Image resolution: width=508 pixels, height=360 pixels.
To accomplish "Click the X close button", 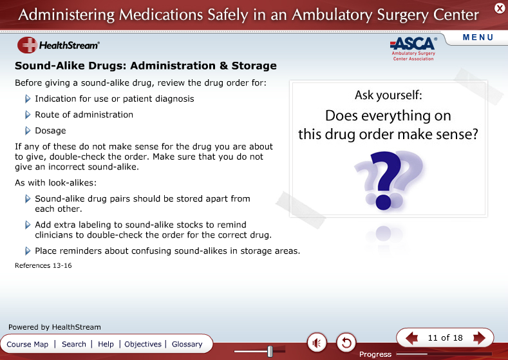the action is coord(500,8).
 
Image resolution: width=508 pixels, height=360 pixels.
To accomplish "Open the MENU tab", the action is coord(478,37).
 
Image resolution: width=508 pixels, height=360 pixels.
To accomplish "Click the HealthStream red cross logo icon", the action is coord(27,44).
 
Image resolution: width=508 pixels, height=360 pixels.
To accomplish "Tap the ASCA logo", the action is coord(413,48).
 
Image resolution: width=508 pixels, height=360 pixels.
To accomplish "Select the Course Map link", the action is coord(27,344).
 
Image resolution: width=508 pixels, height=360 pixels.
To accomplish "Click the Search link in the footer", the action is coord(74,344).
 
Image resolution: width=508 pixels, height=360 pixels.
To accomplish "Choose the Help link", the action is coord(106,344).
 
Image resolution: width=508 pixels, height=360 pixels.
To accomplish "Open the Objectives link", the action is coord(143,344).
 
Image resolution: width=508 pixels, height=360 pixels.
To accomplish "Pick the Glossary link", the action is coord(187,344).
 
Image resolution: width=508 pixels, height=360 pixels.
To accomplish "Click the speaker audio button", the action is coord(317,343).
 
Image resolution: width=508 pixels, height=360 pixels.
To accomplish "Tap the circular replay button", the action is coord(346,343).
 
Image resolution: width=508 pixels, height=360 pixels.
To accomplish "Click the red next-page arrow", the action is coord(480,338).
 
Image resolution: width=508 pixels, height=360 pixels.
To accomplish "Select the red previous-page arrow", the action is coord(411,338).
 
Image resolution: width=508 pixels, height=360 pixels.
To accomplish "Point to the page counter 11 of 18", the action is coord(445,338).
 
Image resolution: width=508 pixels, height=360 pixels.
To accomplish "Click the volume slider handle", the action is coord(270,351).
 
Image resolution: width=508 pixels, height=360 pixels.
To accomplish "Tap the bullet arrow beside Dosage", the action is coord(28,131).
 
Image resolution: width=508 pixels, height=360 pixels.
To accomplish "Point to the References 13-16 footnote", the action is coord(43,265).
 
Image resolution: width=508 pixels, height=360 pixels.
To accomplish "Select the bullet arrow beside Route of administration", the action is coord(28,115).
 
